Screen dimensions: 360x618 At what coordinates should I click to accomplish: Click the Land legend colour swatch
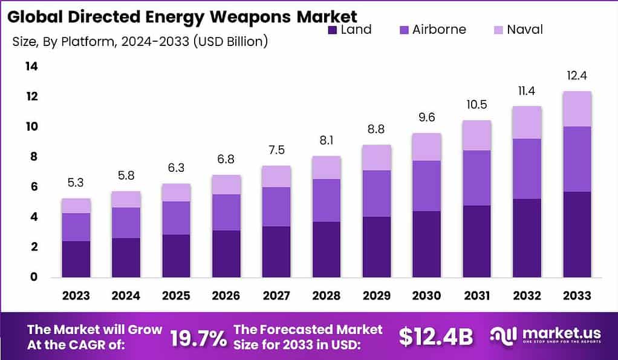click(333, 30)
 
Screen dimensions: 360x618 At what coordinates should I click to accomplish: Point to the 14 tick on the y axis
click(31, 67)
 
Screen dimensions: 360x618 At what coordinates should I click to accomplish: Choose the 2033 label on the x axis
click(577, 296)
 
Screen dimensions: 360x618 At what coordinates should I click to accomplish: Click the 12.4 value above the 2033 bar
click(577, 76)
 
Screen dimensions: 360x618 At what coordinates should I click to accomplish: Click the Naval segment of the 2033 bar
click(577, 109)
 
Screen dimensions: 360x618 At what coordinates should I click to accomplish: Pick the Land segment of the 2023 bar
click(76, 259)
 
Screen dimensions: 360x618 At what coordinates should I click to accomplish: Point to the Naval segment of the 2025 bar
click(175, 192)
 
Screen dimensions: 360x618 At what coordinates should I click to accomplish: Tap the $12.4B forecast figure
click(436, 337)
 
